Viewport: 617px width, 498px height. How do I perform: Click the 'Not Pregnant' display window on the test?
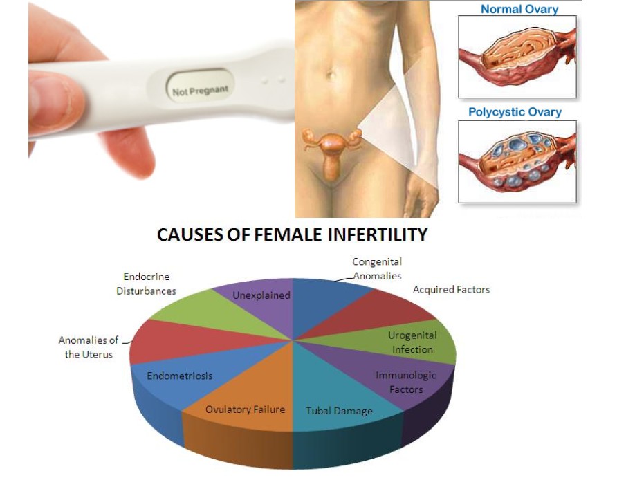coord(199,85)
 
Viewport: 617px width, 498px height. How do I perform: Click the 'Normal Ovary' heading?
coord(519,9)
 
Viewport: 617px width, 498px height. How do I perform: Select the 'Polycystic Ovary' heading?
coord(515,112)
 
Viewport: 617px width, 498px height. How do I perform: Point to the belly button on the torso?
coord(331,74)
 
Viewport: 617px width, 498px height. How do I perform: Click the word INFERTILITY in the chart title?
coord(378,234)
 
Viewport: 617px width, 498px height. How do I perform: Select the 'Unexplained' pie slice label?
coord(261,295)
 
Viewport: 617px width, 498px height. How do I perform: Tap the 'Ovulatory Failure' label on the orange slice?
coord(245,409)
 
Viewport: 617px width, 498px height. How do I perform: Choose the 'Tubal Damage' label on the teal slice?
coord(339,411)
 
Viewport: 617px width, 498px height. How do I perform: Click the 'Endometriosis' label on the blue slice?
coord(179,376)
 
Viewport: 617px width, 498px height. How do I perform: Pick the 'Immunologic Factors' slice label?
coord(406,382)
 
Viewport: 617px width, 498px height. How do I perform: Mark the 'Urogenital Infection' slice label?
coord(412,342)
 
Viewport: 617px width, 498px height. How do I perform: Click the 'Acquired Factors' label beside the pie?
coord(452,290)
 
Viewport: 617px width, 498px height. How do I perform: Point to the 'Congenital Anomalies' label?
coord(377,268)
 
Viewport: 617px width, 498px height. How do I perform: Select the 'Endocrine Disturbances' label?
coord(147,284)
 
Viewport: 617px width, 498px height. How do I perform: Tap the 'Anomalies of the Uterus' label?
coord(89,347)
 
